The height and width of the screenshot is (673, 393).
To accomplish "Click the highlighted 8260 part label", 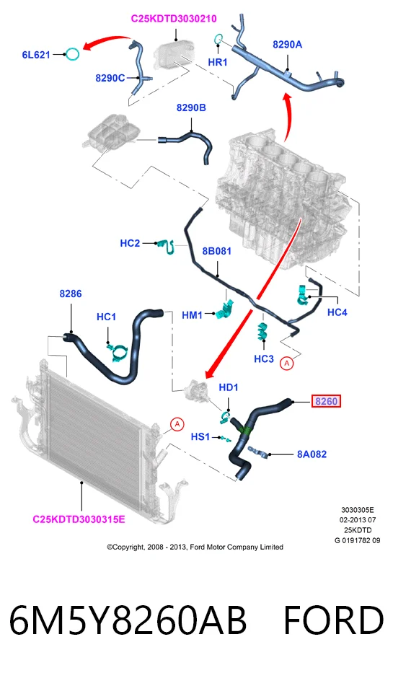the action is pos(326,401).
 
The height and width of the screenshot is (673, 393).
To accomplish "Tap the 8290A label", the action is pos(288,44).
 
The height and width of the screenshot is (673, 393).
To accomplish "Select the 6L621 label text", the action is pos(36,55).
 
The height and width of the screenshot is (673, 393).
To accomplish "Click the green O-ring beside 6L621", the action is pos(73,54).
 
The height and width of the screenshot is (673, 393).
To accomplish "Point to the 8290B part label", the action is pos(191,107).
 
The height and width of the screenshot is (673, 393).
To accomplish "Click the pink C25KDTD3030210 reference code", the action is pos(174,19).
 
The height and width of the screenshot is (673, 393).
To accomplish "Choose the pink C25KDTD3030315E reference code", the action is pos(79,519).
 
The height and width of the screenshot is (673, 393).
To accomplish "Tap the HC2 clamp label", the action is pos(130,243).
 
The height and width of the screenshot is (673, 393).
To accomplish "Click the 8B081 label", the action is pos(216,251).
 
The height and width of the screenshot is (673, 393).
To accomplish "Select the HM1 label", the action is pos(192,315).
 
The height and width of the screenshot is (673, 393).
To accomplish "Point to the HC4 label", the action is pos(337,312).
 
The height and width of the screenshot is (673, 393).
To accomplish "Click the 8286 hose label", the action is pos(71,294).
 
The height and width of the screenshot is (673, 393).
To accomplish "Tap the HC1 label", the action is pos(107,317).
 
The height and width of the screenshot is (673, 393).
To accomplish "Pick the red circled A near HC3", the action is pos(286,363).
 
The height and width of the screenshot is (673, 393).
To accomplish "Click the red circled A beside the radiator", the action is pos(177,424).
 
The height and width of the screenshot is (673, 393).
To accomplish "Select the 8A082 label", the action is pos(312,454).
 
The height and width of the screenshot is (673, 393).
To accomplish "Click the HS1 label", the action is pos(200,437).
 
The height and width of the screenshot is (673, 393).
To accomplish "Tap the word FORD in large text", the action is pos(333,620).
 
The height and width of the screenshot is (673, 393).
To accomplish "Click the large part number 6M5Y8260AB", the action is pos(128,620).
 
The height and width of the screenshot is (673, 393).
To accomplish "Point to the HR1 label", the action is pos(218,62).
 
